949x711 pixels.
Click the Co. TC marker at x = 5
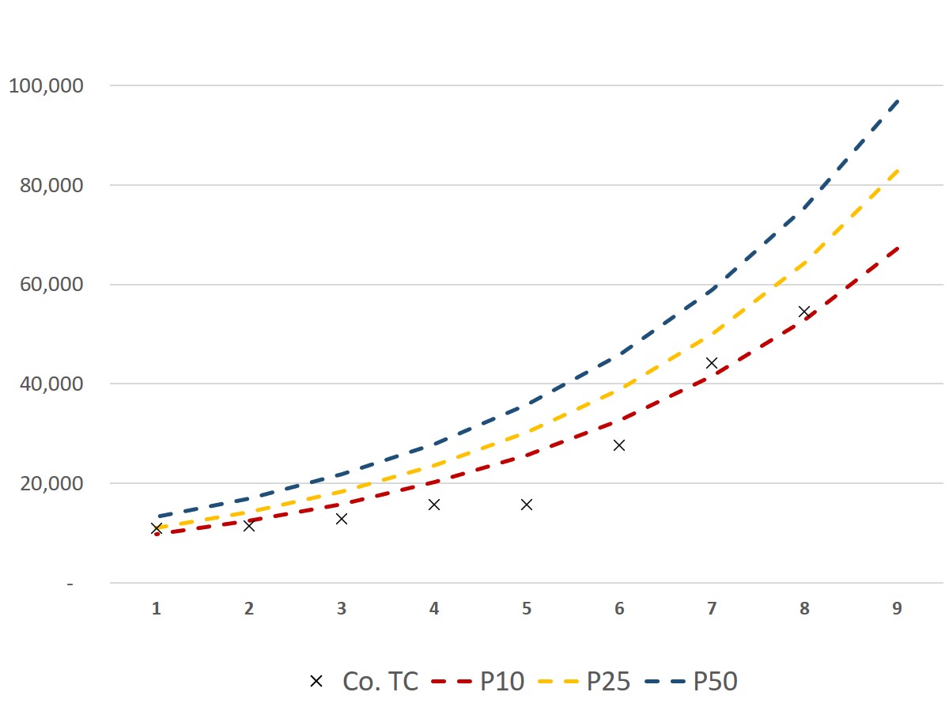[527, 505]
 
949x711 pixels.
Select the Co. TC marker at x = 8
[804, 312]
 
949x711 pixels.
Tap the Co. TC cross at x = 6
[619, 445]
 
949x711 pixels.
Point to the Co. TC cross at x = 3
[342, 519]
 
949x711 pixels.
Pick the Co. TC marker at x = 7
[712, 363]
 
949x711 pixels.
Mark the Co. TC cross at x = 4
[434, 505]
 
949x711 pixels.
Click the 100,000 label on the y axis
[46, 85]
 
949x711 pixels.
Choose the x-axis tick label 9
[897, 608]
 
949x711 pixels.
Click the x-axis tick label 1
[157, 608]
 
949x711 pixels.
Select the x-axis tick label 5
[527, 608]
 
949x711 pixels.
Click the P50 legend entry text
[715, 681]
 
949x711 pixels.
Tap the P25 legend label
[608, 681]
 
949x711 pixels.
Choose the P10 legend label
[502, 681]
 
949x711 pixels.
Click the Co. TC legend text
[380, 681]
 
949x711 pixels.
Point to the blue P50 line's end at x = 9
[898, 101]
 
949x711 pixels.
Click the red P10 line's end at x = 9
[898, 248]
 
